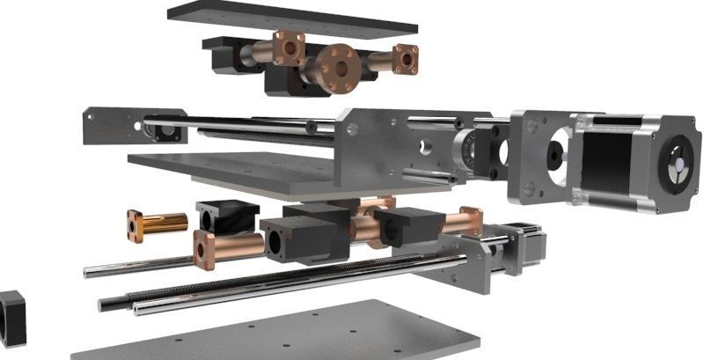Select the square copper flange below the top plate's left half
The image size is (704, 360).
click(288, 48)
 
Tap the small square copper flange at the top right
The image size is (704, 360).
click(405, 59)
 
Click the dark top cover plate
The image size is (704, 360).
click(291, 19)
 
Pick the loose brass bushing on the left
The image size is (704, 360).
click(158, 224)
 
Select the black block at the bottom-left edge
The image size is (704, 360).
click(12, 316)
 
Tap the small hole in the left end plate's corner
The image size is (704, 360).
click(90, 114)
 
